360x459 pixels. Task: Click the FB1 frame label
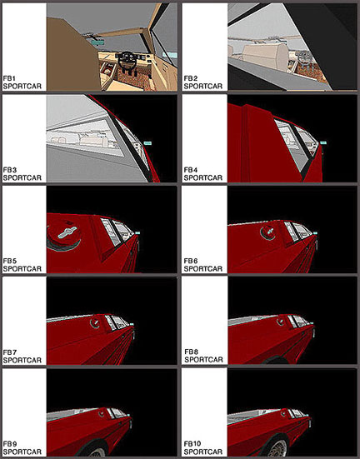(x=9, y=78)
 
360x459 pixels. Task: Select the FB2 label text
(x=191, y=78)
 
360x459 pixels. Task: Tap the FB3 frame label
(x=10, y=170)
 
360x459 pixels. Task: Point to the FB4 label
(x=191, y=170)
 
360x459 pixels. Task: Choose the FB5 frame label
(x=10, y=261)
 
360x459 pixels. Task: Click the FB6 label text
(x=191, y=261)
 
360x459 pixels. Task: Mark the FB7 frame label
(x=10, y=352)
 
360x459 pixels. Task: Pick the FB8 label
(x=192, y=352)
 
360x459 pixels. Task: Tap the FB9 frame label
(x=10, y=444)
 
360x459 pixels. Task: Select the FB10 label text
(x=192, y=444)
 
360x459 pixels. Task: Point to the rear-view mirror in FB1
(x=97, y=42)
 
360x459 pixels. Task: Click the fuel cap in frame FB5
(x=65, y=233)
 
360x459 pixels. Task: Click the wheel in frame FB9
(x=93, y=451)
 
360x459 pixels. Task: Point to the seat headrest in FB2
(x=265, y=57)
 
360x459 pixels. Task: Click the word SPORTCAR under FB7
(x=22, y=361)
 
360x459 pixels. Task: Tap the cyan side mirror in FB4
(x=323, y=142)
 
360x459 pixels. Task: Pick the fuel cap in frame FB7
(x=95, y=322)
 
